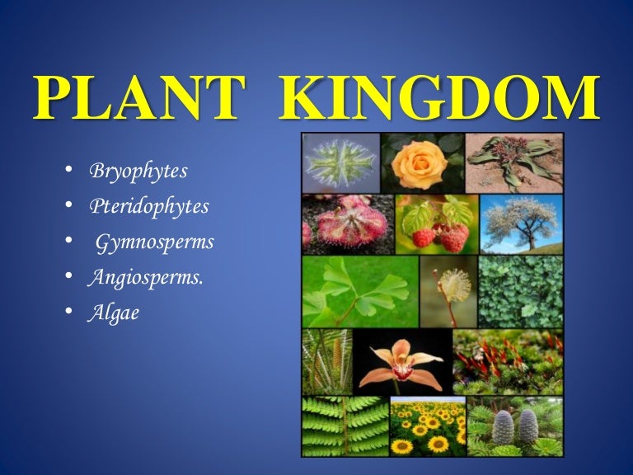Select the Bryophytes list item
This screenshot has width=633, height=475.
coord(138,172)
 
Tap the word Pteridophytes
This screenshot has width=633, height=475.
coord(149,206)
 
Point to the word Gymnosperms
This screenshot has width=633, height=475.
coord(155,242)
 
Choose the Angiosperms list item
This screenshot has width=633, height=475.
coord(146,278)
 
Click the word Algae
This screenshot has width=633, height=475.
coord(115,313)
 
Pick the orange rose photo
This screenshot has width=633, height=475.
coord(421,163)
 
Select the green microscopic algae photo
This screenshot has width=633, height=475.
coord(340,163)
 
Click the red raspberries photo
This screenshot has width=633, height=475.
coord(437,224)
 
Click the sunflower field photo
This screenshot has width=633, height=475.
coord(427,426)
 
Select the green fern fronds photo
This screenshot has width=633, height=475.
coord(345,426)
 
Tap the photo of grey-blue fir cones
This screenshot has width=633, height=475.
coord(515,426)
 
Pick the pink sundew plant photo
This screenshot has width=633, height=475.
coord(347,224)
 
